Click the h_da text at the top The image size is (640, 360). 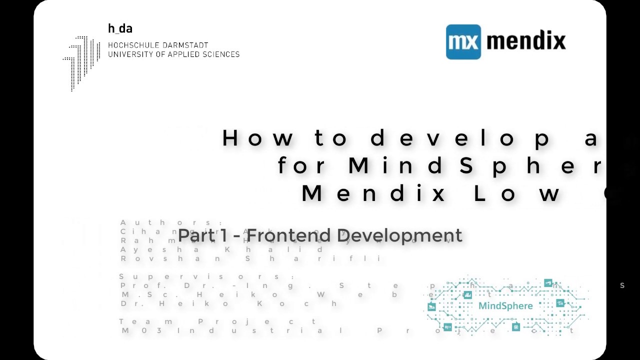[120, 28]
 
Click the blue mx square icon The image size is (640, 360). [463, 42]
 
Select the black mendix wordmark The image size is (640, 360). [526, 41]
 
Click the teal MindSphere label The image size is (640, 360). [505, 305]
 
